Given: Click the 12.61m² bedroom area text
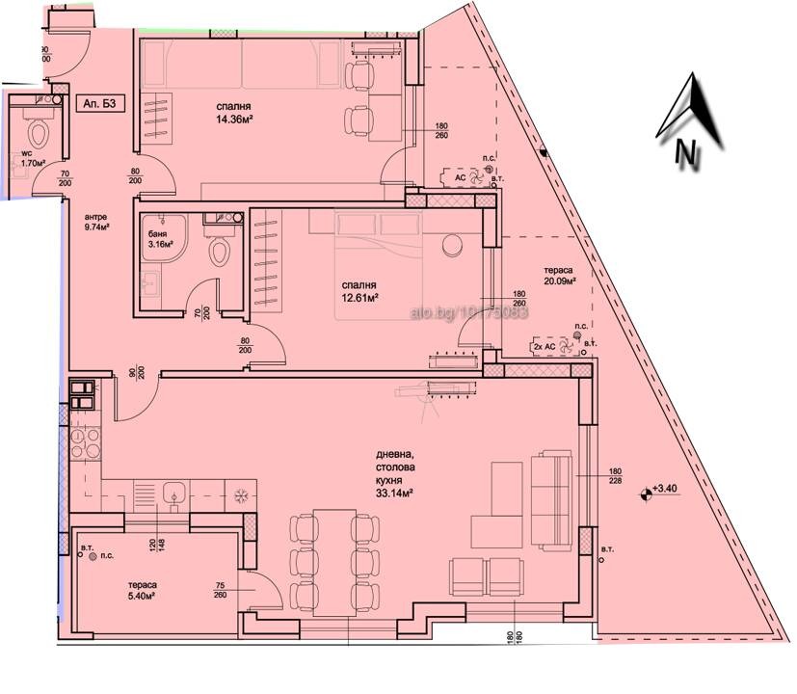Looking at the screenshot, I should click(359, 291).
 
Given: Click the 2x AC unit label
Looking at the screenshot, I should click(545, 345).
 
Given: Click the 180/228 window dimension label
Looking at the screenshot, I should click(616, 478).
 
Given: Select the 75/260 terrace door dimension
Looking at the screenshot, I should click(222, 589).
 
